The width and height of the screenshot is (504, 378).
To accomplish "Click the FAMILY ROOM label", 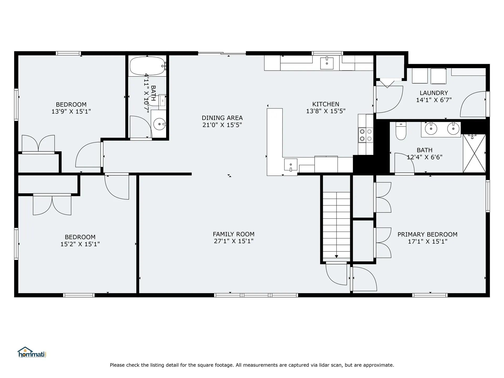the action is click(x=233, y=234).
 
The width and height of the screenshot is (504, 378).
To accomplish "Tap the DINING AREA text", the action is click(x=222, y=118).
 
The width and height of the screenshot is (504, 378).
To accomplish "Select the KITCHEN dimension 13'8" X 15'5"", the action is click(x=326, y=111).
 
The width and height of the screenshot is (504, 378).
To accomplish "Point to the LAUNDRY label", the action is click(x=434, y=93).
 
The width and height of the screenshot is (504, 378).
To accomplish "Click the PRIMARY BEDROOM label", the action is click(x=427, y=234).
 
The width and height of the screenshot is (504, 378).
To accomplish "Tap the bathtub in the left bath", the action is click(x=147, y=66).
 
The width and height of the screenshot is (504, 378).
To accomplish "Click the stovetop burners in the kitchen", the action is click(x=366, y=135).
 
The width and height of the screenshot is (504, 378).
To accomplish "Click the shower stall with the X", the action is click(x=474, y=153).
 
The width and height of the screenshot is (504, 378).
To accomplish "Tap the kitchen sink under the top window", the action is click(x=327, y=63).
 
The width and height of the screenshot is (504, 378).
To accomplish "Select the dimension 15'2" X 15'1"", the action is click(x=80, y=244).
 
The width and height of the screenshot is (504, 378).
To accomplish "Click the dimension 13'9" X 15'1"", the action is click(x=71, y=111).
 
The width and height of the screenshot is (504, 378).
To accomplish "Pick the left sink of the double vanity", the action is click(x=431, y=129).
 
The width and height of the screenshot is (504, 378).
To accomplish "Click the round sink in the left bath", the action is click(x=159, y=124).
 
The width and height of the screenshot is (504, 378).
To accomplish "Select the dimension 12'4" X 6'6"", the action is click(x=424, y=157).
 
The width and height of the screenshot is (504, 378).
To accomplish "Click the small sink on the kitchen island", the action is click(x=291, y=165).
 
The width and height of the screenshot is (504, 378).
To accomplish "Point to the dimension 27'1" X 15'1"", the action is click(x=233, y=241).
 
